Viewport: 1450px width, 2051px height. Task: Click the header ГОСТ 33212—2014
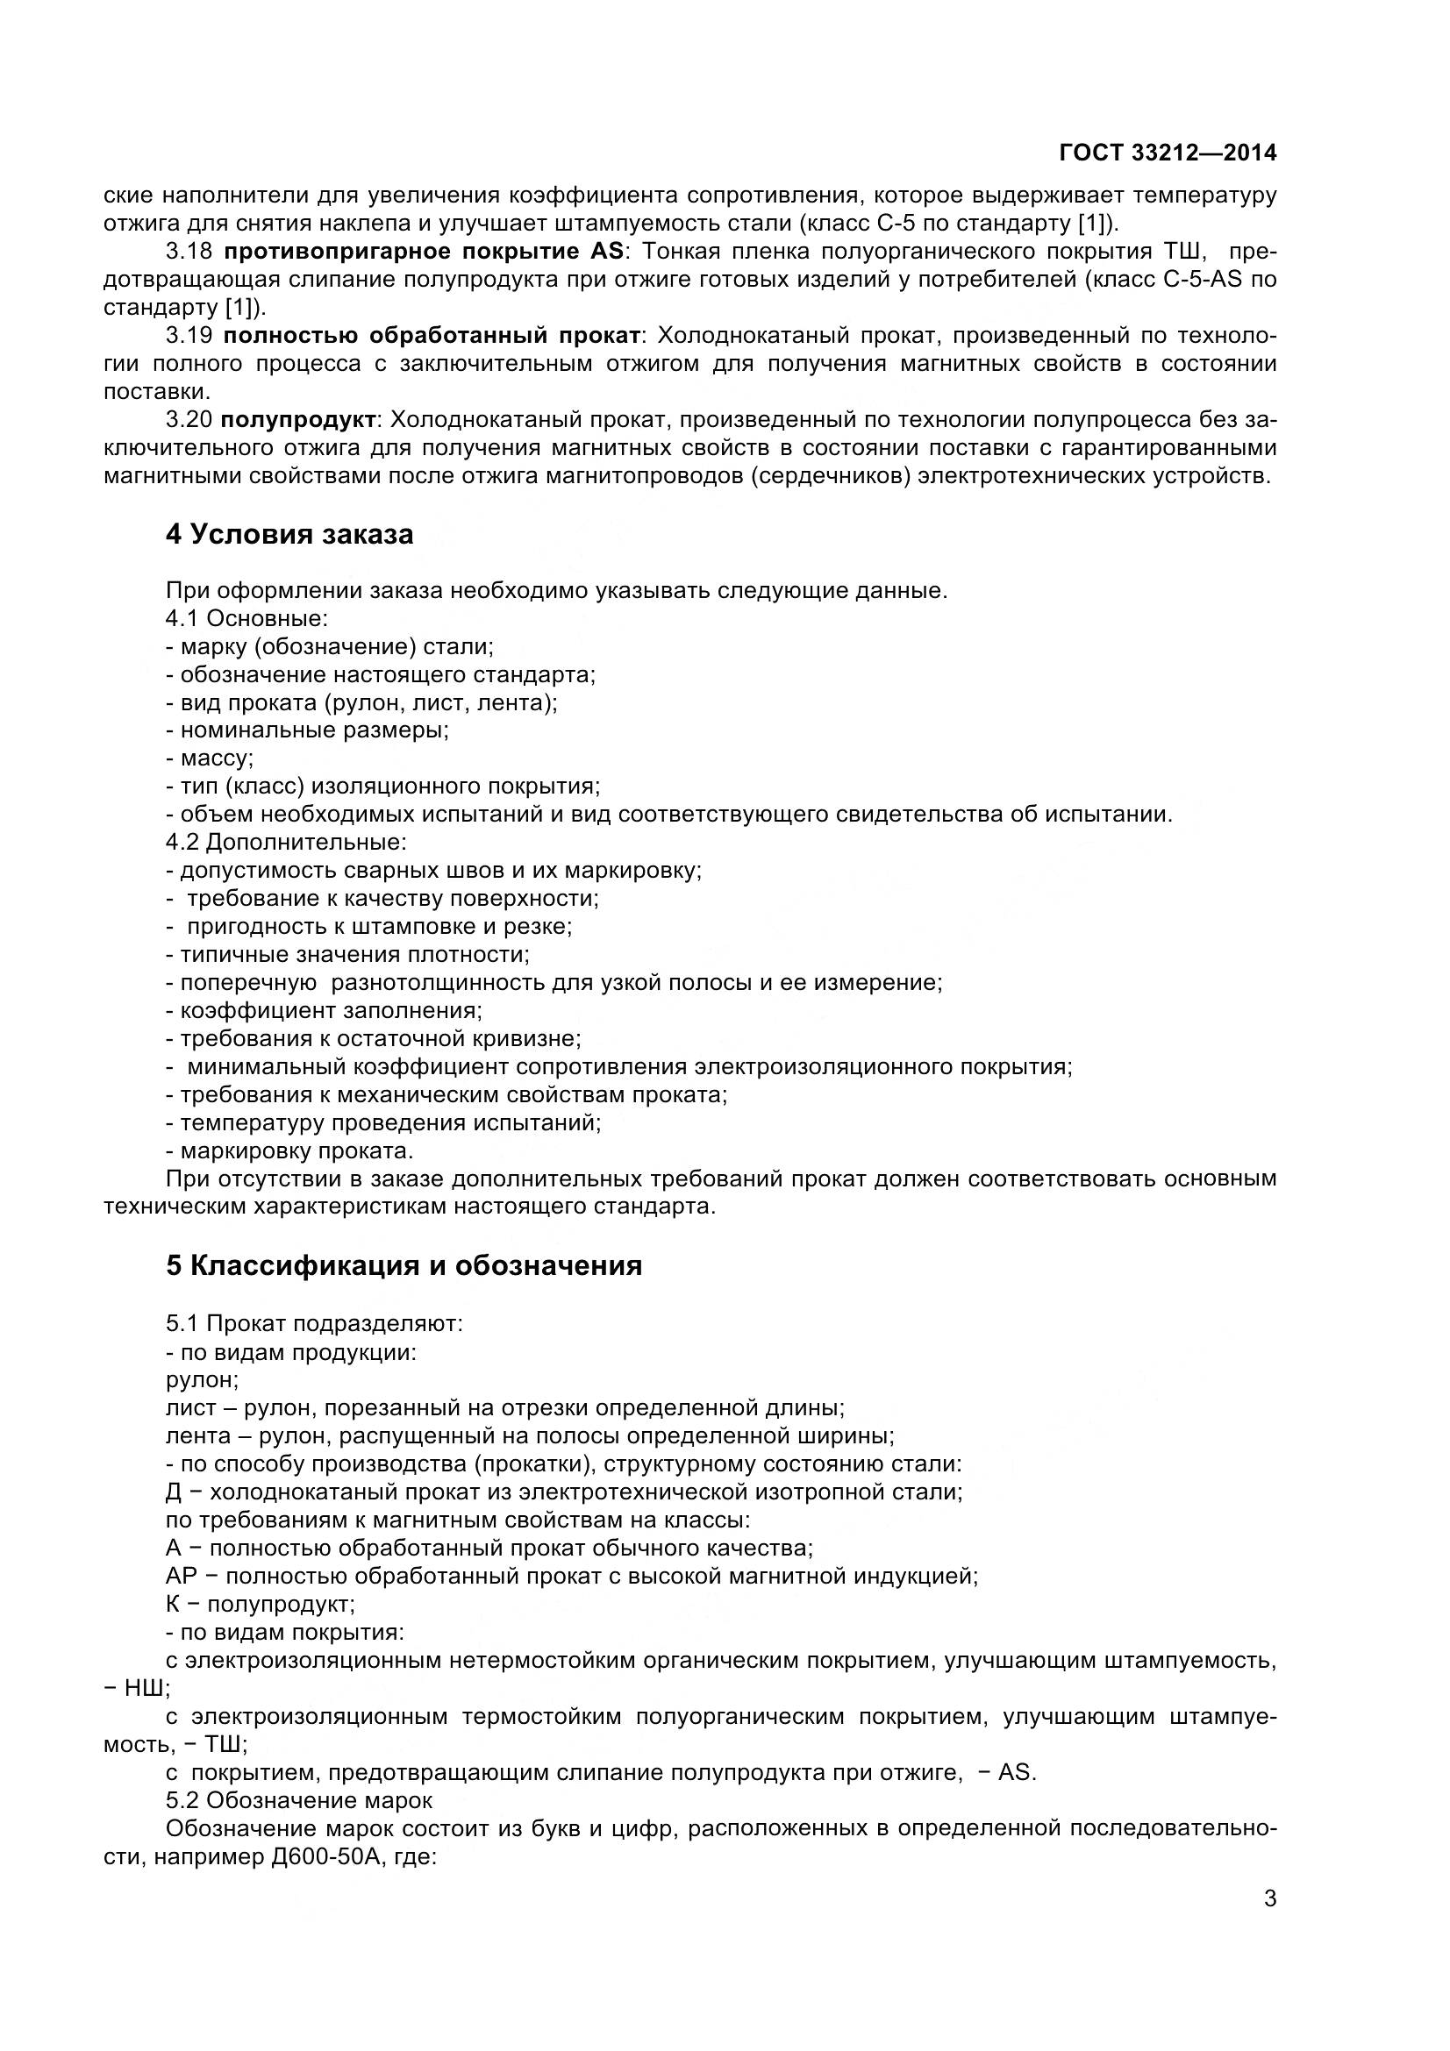[x=1167, y=153]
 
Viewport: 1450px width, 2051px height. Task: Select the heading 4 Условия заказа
[x=289, y=534]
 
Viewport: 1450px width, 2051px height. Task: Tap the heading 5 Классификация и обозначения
[x=404, y=1266]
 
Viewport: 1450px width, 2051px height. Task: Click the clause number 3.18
[x=189, y=251]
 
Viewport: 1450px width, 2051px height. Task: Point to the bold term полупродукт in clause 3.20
[x=299, y=420]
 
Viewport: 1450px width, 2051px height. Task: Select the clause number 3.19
[x=189, y=336]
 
